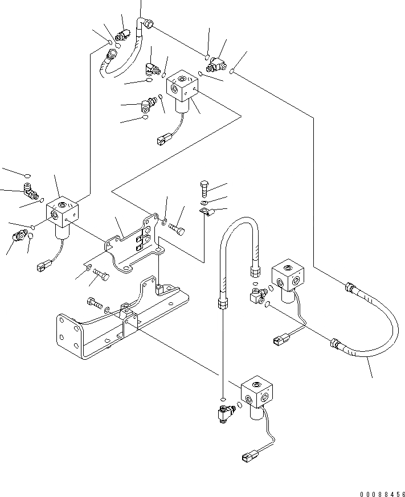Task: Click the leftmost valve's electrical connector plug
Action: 43,265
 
